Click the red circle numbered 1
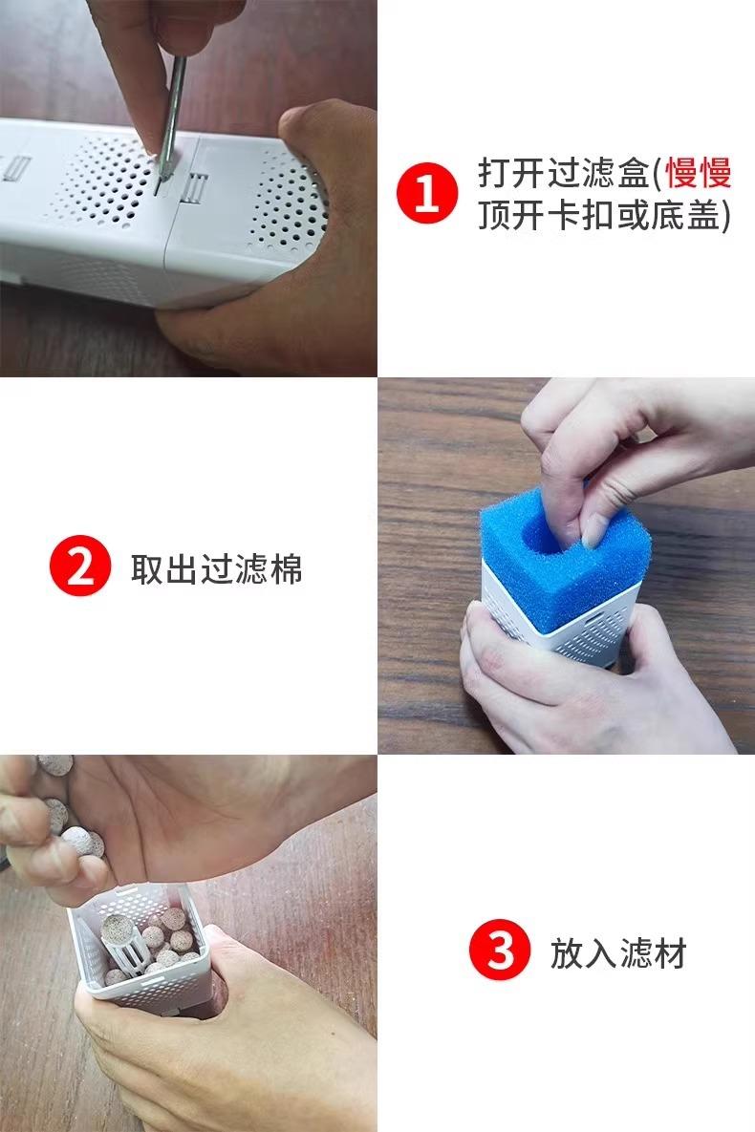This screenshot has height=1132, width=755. coord(427,193)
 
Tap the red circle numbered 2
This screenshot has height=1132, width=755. coord(80,566)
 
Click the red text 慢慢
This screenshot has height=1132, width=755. coord(698,173)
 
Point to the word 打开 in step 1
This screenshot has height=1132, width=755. coord(511,173)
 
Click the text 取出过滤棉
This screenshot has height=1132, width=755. coord(217,569)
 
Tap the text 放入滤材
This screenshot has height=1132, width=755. coord(617,953)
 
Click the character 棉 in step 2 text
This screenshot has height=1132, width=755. coord(286,569)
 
